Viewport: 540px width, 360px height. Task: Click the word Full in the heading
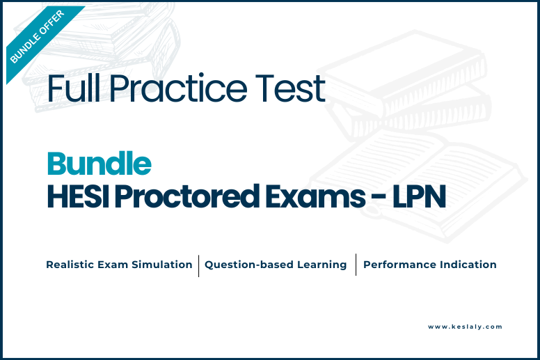[73, 88]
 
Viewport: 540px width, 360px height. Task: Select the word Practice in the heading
[178, 88]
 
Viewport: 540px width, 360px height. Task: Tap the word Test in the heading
[290, 88]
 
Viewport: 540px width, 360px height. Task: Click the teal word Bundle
[100, 164]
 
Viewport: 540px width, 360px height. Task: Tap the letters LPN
[420, 196]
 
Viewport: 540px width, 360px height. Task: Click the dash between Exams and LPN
[379, 197]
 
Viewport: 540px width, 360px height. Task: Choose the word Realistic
[70, 265]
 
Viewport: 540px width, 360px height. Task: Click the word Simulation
[162, 265]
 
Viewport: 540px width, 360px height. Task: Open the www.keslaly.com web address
[465, 327]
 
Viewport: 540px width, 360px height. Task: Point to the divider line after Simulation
[199, 265]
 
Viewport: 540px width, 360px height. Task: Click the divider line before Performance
[356, 265]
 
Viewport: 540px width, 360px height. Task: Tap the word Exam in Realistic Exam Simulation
[113, 265]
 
